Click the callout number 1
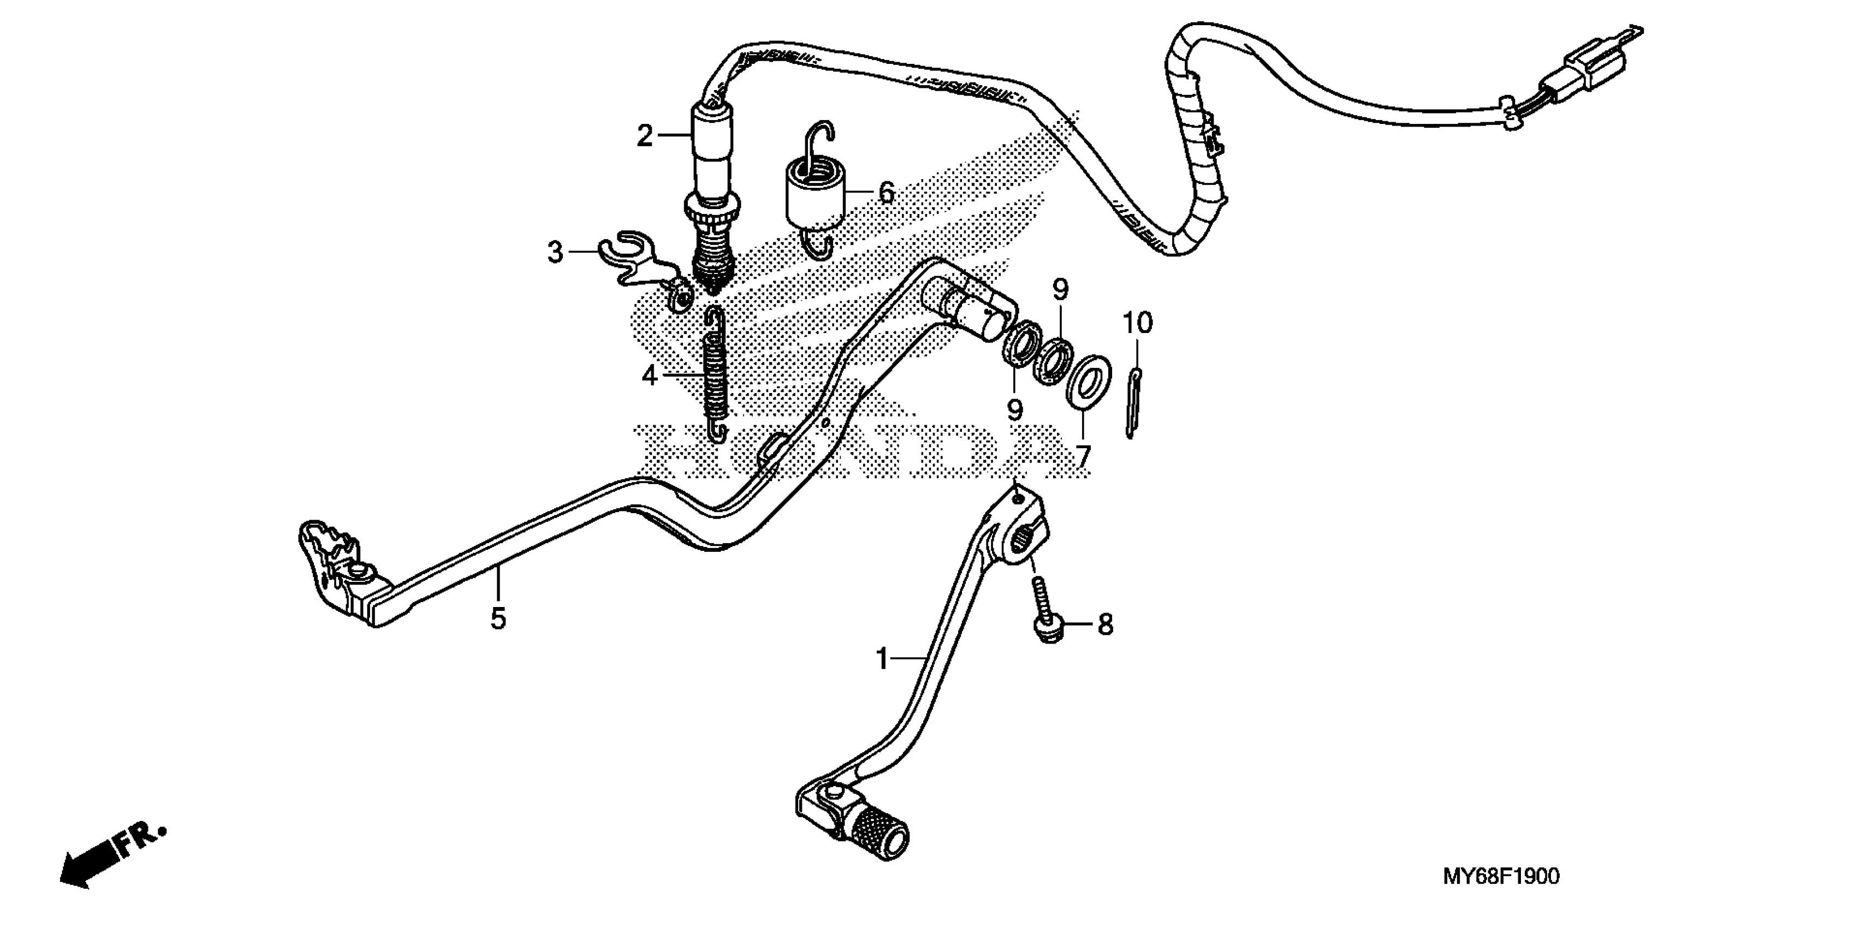point(882,659)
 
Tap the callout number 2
point(644,136)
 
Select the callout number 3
point(555,253)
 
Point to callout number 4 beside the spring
point(649,376)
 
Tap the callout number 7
point(1083,456)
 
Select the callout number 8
point(1105,624)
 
